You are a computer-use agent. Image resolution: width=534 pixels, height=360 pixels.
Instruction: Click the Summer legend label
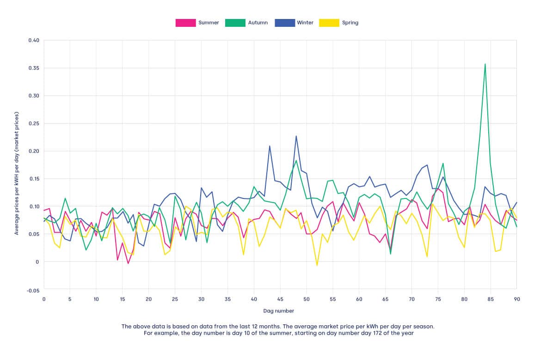pos(209,23)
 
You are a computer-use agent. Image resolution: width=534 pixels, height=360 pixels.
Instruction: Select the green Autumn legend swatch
pos(234,23)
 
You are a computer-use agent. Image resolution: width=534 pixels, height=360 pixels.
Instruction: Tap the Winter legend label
pos(305,23)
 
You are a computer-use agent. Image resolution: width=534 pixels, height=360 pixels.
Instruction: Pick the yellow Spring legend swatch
pos(329,23)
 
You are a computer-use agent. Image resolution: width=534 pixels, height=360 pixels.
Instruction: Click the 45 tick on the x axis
pos(280,299)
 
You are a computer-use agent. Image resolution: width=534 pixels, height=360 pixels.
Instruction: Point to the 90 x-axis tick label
pos(516,299)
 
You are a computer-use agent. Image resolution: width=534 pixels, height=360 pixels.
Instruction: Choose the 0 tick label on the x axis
pos(44,299)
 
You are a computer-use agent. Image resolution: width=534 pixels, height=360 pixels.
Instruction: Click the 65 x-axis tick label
pos(385,299)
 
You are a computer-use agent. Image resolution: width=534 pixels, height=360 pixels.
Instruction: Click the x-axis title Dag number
pos(279,311)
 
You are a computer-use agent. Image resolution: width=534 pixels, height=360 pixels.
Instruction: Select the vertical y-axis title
pos(17,173)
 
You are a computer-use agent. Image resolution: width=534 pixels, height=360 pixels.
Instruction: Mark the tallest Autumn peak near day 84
pos(485,64)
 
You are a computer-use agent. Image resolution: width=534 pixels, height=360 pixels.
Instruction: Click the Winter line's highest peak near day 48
pos(296,136)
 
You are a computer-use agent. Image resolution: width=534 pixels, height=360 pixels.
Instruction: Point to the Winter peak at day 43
pos(270,146)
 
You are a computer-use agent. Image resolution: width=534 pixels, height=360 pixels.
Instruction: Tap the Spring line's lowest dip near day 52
pos(317,265)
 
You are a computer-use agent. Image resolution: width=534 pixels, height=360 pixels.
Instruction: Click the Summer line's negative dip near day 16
pos(128,263)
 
